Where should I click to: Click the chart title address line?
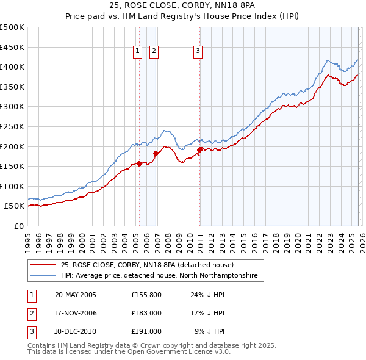[x=183, y=6]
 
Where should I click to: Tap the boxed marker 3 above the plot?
[x=198, y=52]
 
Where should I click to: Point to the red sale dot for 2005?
[x=139, y=164]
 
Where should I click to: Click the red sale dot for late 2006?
[x=156, y=153]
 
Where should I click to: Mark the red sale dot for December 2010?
[x=199, y=149]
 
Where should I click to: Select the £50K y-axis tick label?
[x=14, y=206]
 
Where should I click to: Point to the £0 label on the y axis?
[x=18, y=226]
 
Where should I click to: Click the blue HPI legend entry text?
[x=159, y=276]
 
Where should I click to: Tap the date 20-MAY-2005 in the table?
[x=76, y=295]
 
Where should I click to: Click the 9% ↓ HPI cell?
[x=210, y=331]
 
